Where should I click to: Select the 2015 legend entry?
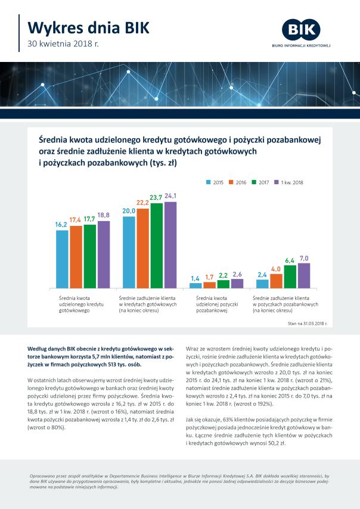[x=215, y=182]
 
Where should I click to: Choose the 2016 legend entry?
[x=238, y=182]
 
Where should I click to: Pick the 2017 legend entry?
[x=260, y=182]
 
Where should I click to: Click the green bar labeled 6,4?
[x=290, y=277]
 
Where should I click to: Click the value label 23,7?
[x=156, y=197]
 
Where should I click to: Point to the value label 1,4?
[x=195, y=278]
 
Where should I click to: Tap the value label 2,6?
[x=237, y=274]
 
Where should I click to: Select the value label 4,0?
[x=276, y=269]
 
